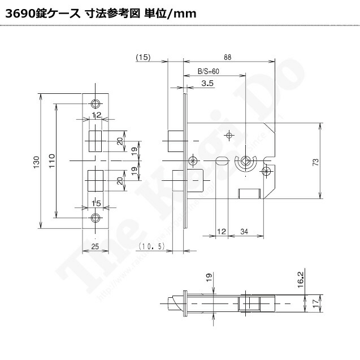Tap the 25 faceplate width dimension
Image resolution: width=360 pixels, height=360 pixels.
pos(95,245)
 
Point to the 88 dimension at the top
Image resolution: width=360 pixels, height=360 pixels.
pos(227,57)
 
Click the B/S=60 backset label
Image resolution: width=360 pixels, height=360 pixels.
pos(208,71)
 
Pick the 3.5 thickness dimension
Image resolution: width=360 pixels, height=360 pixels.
pos(207,84)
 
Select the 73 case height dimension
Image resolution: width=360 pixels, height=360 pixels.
pos(316,162)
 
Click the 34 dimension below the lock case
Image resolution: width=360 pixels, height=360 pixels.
pos(244,231)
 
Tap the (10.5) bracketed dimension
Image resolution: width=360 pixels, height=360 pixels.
pos(151,246)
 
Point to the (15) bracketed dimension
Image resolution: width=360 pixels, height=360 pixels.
pos(143,57)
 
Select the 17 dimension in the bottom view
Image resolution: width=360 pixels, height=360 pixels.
pos(316,302)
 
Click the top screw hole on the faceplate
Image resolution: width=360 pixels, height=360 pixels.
pos(95,104)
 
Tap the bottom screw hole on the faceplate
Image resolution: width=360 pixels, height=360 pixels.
pos(95,218)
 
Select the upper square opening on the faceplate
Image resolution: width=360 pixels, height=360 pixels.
pos(95,140)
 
